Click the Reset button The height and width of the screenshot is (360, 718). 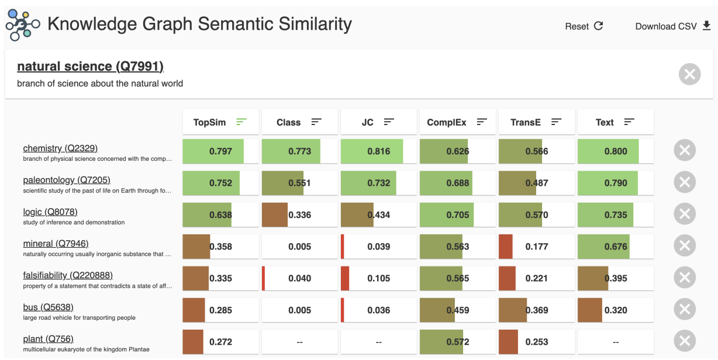584,26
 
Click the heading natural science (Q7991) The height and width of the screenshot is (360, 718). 90,67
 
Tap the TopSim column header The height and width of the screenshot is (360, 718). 220,122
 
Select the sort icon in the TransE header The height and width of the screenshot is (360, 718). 556,122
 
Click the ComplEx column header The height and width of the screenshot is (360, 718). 457,122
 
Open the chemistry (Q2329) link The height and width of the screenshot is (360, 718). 60,148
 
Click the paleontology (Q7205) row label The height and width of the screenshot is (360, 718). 67,180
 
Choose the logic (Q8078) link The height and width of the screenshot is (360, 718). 50,212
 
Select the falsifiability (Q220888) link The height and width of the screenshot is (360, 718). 68,275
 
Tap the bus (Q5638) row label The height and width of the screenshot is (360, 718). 48,307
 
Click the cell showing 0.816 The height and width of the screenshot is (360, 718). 378,151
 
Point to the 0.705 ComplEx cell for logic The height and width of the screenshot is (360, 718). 457,214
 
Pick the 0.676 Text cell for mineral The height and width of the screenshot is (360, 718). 615,247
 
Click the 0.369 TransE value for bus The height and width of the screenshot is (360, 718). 536,310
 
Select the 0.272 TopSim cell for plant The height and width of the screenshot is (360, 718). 220,342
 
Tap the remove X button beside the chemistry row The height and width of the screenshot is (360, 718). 684,151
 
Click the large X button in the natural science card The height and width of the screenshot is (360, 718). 689,74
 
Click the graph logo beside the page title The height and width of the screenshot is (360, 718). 22,25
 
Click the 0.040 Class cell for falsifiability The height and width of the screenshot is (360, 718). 299,278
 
